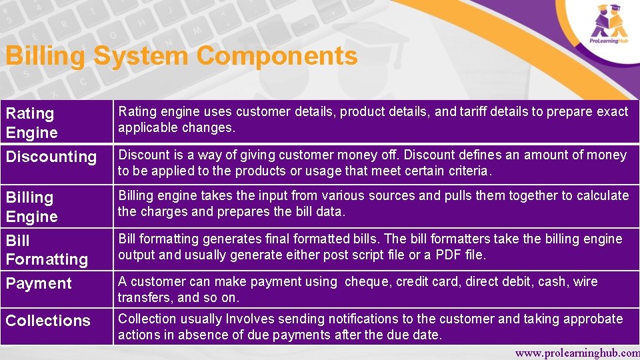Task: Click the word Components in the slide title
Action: (x=277, y=56)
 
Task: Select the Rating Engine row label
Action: (x=31, y=123)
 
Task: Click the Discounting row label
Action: (x=51, y=157)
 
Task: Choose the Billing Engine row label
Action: (x=31, y=207)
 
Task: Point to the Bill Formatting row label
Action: (x=47, y=249)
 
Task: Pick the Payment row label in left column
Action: (x=39, y=283)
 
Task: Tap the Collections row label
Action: (x=48, y=321)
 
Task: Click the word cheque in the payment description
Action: (x=367, y=282)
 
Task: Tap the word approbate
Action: (x=593, y=319)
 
